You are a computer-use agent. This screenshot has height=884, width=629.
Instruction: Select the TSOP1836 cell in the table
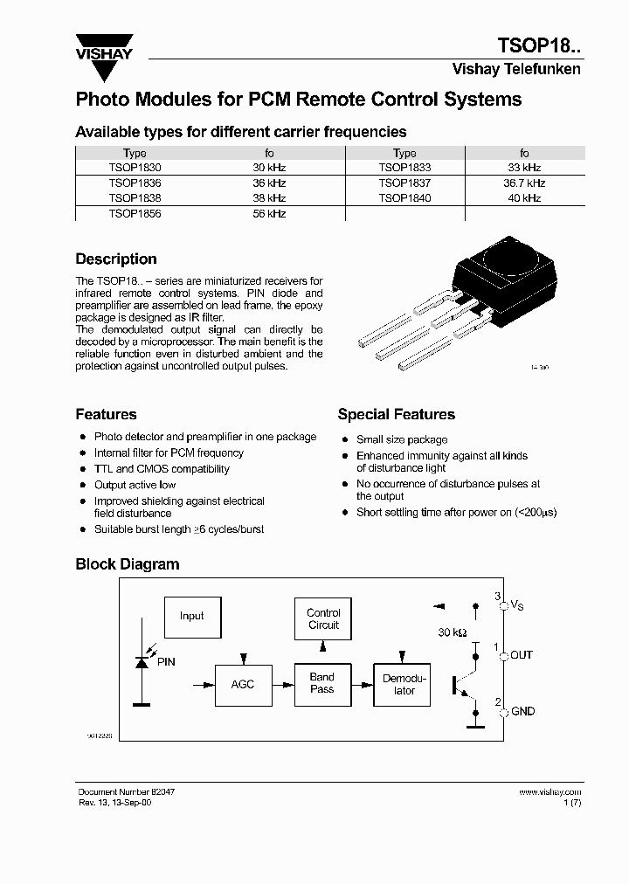pyautogui.click(x=135, y=183)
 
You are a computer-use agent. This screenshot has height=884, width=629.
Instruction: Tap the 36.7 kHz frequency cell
pyautogui.click(x=524, y=183)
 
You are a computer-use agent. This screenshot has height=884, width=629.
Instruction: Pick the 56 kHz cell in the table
pyautogui.click(x=269, y=213)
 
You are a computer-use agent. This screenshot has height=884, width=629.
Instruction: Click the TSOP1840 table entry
pyautogui.click(x=404, y=198)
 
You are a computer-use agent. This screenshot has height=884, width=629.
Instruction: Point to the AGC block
pyautogui.click(x=242, y=684)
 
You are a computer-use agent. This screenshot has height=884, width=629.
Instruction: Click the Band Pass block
pyautogui.click(x=322, y=683)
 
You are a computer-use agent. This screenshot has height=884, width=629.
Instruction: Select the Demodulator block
pyautogui.click(x=404, y=684)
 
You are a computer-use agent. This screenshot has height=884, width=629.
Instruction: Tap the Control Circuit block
pyautogui.click(x=323, y=618)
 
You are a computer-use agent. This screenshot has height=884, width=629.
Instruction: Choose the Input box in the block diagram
pyautogui.click(x=191, y=616)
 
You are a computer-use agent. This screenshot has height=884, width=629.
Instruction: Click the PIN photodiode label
pyautogui.click(x=165, y=662)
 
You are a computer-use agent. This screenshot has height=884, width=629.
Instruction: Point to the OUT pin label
pyautogui.click(x=522, y=655)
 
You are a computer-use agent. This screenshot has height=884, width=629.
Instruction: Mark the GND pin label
pyautogui.click(x=522, y=712)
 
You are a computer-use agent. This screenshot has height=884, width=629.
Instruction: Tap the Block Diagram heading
pyautogui.click(x=127, y=564)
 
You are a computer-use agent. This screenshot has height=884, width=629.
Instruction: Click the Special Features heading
pyautogui.click(x=396, y=414)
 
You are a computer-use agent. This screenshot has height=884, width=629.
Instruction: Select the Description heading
pyautogui.click(x=116, y=259)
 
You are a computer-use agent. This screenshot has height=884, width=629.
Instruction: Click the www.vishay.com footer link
pyautogui.click(x=550, y=791)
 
